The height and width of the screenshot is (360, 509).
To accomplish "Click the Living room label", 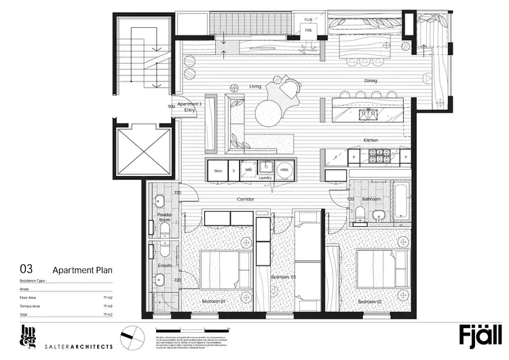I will (x=255, y=86).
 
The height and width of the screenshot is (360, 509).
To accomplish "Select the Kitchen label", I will (x=371, y=140).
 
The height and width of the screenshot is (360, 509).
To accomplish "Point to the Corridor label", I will (x=246, y=200).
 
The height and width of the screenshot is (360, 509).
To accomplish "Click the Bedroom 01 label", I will (x=213, y=300).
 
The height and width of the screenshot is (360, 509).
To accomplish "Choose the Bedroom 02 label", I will (x=370, y=300).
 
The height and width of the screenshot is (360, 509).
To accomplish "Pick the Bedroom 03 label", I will (x=284, y=278).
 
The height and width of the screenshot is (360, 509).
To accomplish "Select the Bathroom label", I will (x=371, y=199).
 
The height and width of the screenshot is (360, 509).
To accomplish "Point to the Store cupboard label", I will (x=218, y=171).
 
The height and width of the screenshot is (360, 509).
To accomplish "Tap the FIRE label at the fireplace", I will (x=309, y=31).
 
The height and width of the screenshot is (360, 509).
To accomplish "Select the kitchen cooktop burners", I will (x=378, y=156).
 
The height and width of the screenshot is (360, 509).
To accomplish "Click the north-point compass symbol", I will (x=129, y=337).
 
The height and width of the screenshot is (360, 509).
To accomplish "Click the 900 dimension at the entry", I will (x=172, y=107).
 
